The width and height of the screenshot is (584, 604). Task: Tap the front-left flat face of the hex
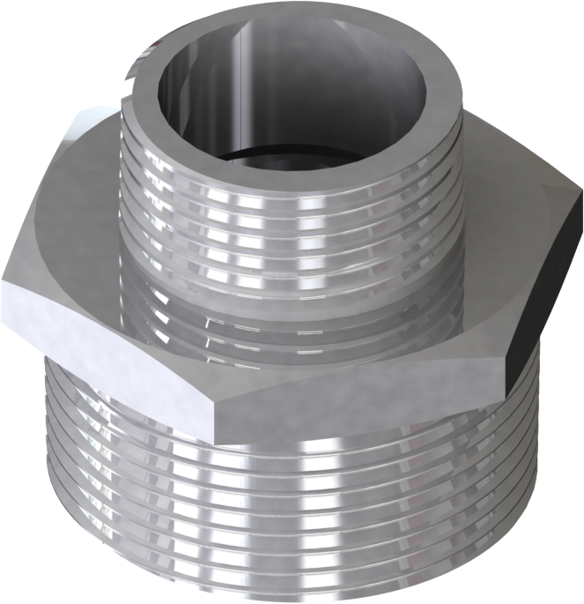[x=106, y=344]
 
